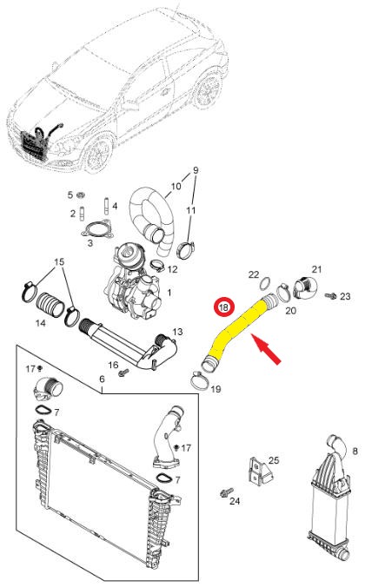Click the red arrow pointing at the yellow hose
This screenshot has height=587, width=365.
click(267, 350)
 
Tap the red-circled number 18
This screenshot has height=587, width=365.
click(223, 307)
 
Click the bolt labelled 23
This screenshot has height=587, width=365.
click(330, 296)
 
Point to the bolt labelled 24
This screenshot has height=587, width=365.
click(226, 492)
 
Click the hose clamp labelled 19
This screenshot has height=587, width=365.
click(200, 380)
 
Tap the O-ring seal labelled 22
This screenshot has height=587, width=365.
click(264, 284)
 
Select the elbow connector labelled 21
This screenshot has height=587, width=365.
click(305, 287)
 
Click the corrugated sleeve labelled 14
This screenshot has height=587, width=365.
click(50, 304)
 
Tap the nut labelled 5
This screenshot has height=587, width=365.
click(80, 195)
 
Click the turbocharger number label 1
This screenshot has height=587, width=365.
click(169, 292)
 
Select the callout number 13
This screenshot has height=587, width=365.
click(177, 332)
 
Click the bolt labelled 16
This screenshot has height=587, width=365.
click(123, 373)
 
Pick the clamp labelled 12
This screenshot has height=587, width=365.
click(158, 265)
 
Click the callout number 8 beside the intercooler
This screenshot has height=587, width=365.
click(355, 452)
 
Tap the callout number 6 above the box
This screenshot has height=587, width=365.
click(102, 379)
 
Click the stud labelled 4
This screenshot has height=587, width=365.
click(106, 206)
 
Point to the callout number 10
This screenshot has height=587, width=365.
click(176, 186)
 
